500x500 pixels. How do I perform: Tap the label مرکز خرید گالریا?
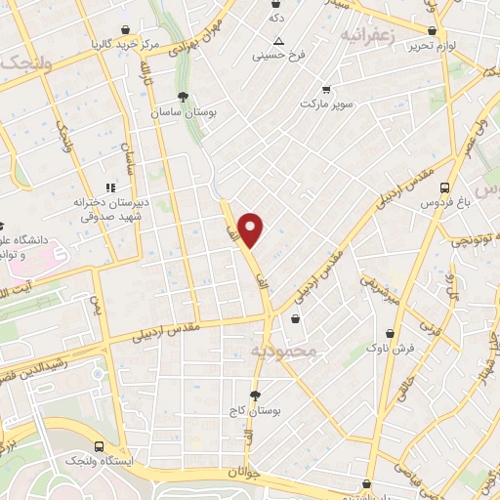[126, 45]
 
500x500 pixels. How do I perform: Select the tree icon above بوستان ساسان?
[183, 96]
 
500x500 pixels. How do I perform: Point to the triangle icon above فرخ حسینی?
[279, 41]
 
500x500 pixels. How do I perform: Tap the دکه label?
[277, 18]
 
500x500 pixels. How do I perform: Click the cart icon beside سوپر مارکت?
[326, 90]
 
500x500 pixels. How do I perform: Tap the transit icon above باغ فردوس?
[444, 187]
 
